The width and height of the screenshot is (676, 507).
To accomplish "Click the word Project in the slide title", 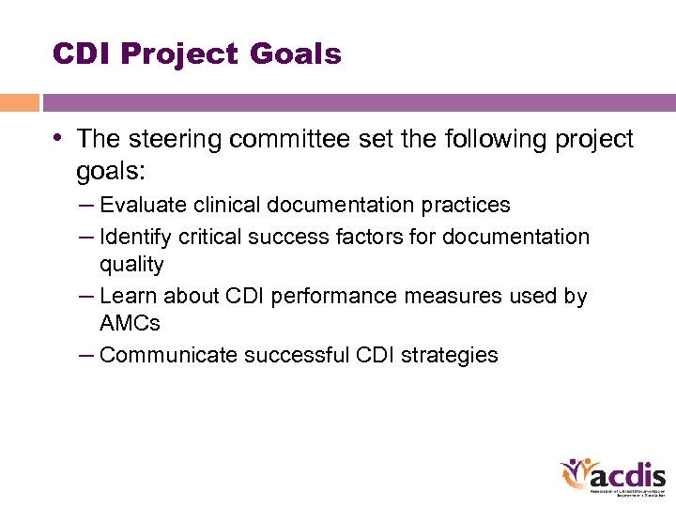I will pyautogui.click(x=180, y=54).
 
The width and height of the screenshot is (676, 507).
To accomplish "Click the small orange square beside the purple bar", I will pyautogui.click(x=19, y=102).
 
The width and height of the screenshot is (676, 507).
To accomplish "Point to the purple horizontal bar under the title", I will pyautogui.click(x=358, y=102).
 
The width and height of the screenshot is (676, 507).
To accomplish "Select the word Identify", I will pyautogui.click(x=135, y=238).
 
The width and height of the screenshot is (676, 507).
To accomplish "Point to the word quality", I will pyautogui.click(x=131, y=265).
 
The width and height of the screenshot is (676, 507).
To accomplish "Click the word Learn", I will pyautogui.click(x=129, y=297).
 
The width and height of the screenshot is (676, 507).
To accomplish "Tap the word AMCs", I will pyautogui.click(x=130, y=324).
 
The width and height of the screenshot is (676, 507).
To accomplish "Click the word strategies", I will pyautogui.click(x=452, y=355).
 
